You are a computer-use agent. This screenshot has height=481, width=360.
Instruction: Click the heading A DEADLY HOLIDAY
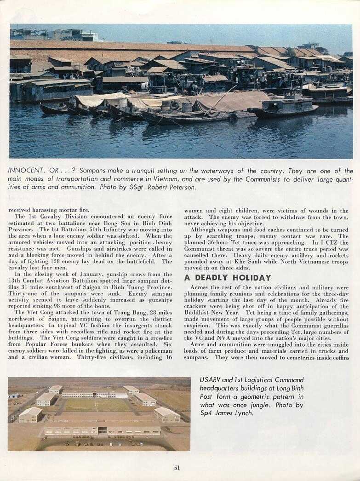pyautogui.click(x=228, y=278)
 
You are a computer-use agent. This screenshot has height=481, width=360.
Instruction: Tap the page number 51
pyautogui.click(x=177, y=468)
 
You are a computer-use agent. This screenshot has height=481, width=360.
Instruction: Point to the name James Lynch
pyautogui.click(x=235, y=413)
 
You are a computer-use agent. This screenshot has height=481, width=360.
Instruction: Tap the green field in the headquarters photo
pyautogui.click(x=96, y=405)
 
